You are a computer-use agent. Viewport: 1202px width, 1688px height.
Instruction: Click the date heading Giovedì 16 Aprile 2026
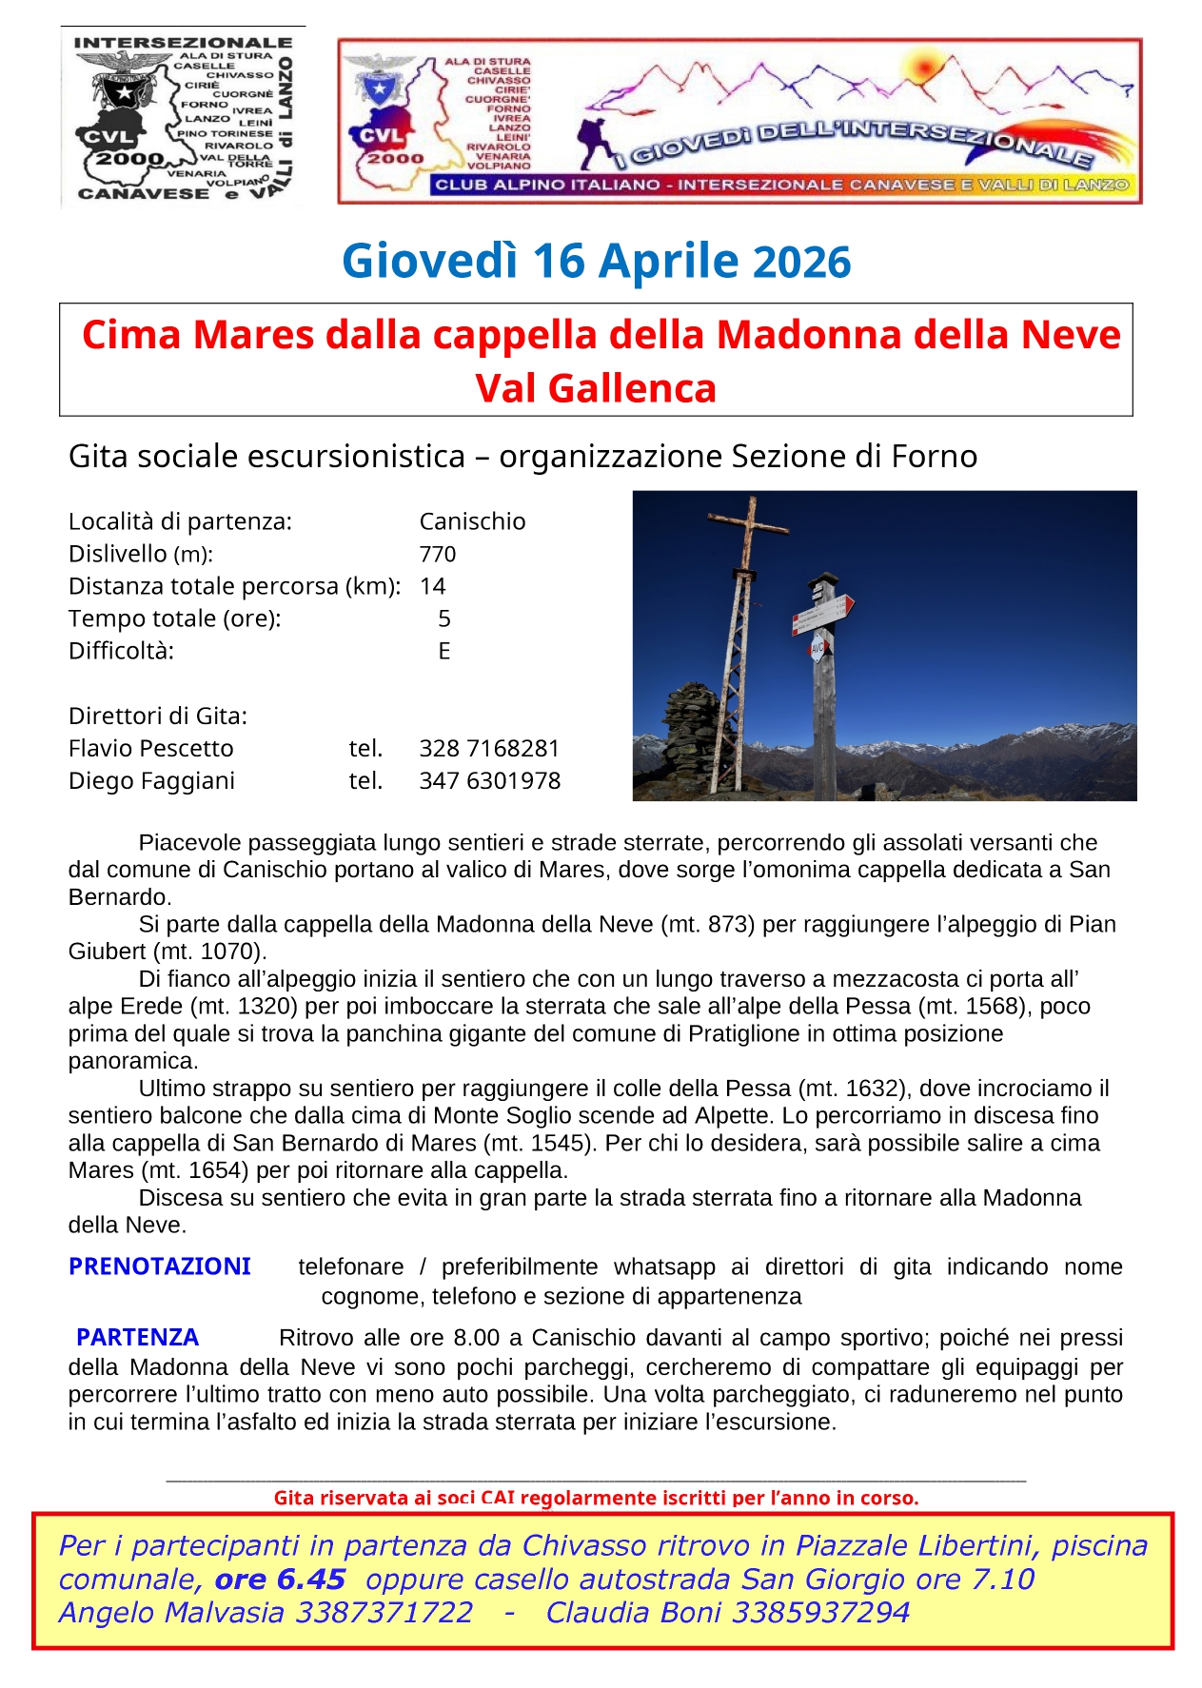[596, 262]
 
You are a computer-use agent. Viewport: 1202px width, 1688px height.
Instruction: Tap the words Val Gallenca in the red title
[596, 388]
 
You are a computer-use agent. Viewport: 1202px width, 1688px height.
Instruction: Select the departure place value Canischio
[472, 521]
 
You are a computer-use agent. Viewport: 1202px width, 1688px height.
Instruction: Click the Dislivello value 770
[437, 554]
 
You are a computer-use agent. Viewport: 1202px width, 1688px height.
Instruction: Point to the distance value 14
[432, 586]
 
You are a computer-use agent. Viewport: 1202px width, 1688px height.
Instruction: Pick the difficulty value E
[443, 651]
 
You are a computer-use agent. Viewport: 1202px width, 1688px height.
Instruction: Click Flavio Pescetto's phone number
[489, 748]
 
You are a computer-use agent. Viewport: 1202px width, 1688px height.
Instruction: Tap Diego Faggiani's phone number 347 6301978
[489, 780]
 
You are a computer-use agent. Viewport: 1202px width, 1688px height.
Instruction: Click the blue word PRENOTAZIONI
[159, 1266]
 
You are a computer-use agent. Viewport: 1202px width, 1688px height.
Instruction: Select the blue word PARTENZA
[137, 1337]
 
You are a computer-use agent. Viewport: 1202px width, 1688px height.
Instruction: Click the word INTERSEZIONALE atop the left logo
[183, 42]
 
